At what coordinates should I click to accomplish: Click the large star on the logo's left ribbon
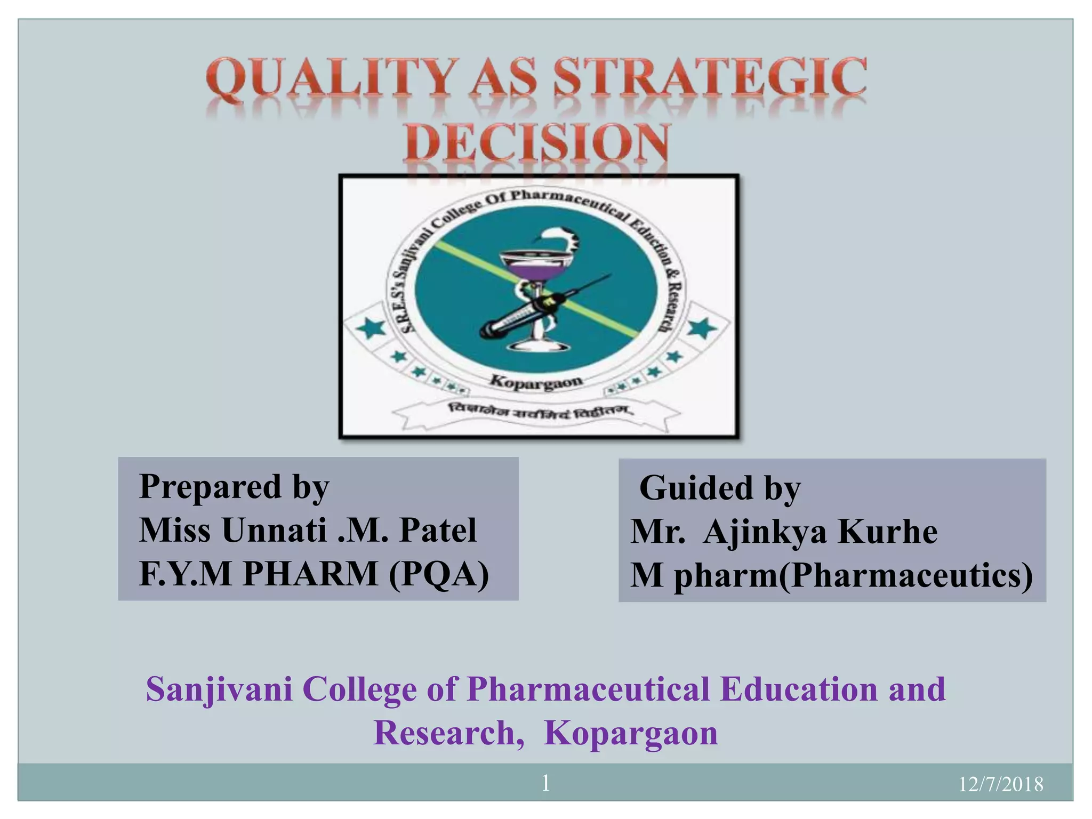point(371,327)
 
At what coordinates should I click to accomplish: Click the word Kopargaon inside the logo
point(535,381)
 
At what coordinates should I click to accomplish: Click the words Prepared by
point(234,487)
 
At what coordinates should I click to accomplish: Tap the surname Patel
point(438,531)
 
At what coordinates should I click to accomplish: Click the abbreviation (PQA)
point(438,574)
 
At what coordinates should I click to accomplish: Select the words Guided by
point(720,488)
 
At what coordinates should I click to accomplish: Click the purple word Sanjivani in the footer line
point(219,689)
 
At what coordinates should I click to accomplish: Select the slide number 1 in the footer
point(545,783)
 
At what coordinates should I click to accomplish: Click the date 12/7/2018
point(1000,784)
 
